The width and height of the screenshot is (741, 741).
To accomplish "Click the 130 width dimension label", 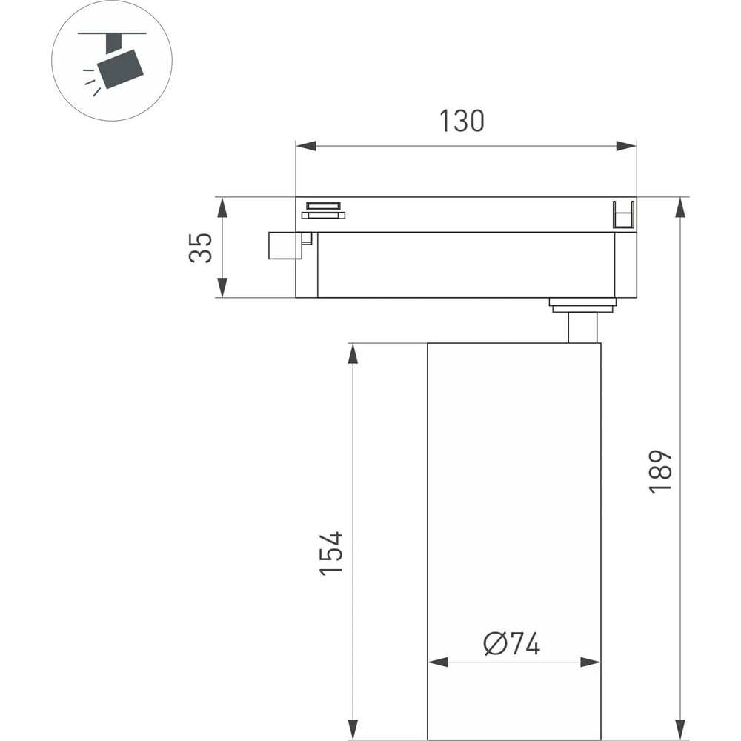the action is click(462, 121).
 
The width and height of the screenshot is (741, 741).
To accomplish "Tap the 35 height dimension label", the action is click(200, 247).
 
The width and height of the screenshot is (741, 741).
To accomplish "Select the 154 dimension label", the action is click(330, 554).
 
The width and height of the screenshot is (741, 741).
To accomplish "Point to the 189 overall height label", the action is click(660, 471).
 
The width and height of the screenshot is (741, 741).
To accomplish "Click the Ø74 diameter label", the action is click(512, 644).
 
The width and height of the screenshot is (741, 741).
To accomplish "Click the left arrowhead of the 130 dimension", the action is click(306, 145).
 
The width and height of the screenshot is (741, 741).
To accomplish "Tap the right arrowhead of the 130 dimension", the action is click(626, 145).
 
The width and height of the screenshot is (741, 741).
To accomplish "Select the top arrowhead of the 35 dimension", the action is click(222, 207).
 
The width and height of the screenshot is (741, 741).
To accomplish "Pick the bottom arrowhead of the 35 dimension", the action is click(222, 288).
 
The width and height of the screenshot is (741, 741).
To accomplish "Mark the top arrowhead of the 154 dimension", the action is click(353, 353).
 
